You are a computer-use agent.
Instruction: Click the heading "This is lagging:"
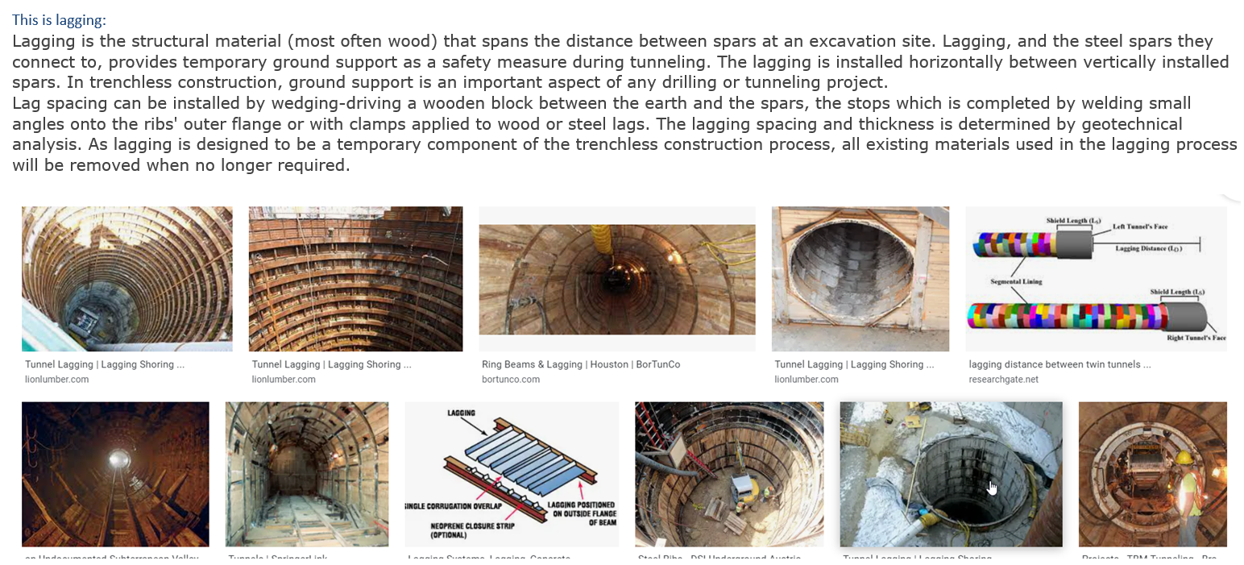[59, 20]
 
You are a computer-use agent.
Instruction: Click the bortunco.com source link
[511, 380]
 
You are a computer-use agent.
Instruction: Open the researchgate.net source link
[1004, 380]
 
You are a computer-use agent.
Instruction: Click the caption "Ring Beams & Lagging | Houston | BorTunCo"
[581, 364]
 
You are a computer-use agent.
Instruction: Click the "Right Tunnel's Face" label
[1196, 338]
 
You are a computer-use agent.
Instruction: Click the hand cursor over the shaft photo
[992, 487]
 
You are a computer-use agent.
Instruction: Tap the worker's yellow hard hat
[1184, 459]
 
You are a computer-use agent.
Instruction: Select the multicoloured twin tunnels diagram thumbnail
[1096, 278]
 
